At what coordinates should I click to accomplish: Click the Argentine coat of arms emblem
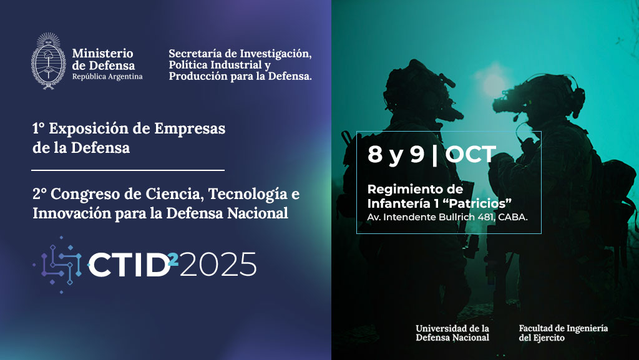click(49, 61)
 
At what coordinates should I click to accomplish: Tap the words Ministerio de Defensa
click(103, 59)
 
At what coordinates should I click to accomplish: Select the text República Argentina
click(107, 77)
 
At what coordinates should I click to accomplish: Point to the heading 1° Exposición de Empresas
click(129, 129)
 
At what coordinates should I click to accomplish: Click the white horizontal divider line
click(128, 170)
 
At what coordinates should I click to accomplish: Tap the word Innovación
click(71, 213)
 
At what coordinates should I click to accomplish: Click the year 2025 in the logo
click(218, 265)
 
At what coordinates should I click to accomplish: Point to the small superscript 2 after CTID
click(173, 259)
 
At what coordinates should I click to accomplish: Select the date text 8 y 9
click(396, 155)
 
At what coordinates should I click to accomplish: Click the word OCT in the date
click(471, 154)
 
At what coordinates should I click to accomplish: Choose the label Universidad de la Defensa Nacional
click(452, 333)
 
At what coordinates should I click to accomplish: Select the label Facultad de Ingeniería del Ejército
click(563, 333)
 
